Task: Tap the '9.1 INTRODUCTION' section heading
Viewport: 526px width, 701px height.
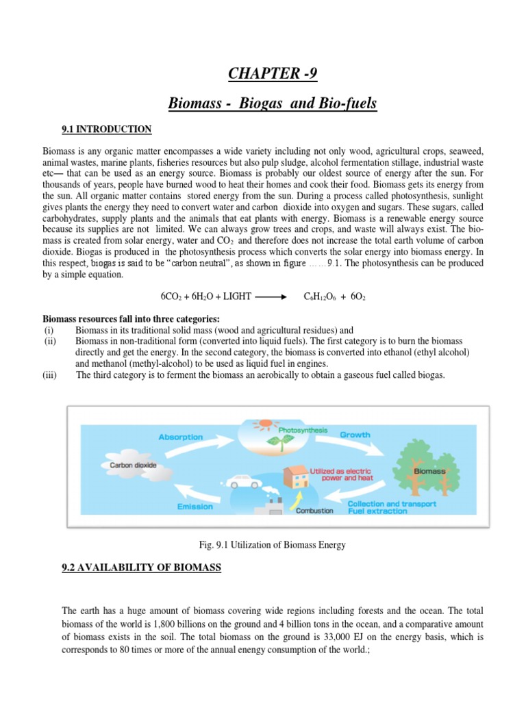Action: tap(106, 129)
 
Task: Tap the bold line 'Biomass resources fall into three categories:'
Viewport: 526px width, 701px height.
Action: tap(131, 318)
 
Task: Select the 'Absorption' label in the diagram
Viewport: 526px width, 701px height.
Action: tap(181, 437)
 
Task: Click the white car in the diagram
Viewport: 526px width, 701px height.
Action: tap(240, 483)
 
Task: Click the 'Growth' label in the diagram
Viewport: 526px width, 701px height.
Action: tap(355, 434)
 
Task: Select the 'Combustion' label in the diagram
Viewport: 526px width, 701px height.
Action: tap(314, 511)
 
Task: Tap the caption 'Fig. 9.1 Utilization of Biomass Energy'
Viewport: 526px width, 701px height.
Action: tap(271, 545)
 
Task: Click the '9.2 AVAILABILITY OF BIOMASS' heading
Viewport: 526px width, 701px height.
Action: tap(141, 568)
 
